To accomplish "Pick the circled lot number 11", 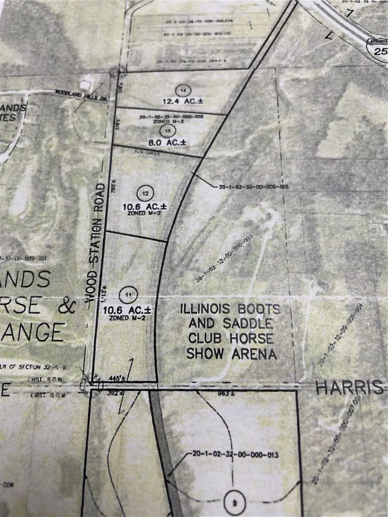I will tap(128, 295).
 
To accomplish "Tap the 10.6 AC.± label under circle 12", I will tap(144, 207).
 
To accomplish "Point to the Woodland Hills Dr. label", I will tap(81, 94).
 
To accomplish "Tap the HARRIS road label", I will tap(349, 388).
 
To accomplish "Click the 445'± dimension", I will tap(109, 378).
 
